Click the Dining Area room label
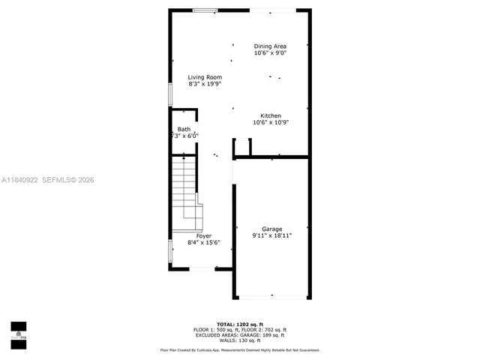[x=270, y=46]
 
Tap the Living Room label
[x=205, y=77]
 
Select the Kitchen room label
[x=270, y=115]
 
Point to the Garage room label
[x=271, y=228]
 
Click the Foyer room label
[x=204, y=235]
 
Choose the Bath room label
[x=184, y=130]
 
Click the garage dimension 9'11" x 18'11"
[x=271, y=235]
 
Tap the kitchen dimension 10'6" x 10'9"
[x=270, y=122]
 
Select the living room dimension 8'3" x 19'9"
[x=205, y=84]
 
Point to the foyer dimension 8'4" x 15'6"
[x=204, y=242]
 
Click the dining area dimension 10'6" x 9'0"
[x=270, y=53]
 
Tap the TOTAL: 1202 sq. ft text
[x=239, y=323]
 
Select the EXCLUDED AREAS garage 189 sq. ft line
[x=239, y=335]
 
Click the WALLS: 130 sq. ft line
[x=239, y=341]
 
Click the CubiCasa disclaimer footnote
[x=239, y=350]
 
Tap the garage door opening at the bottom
[x=271, y=297]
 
